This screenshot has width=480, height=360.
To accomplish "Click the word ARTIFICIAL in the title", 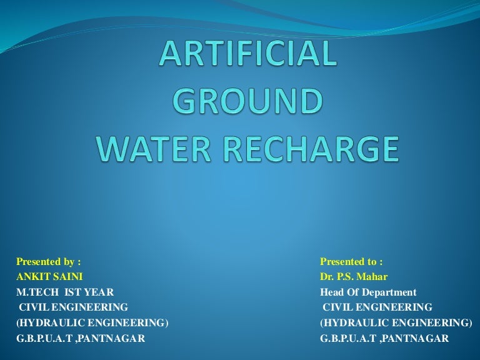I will click(248, 54).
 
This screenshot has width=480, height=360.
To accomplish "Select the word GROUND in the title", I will click(248, 102).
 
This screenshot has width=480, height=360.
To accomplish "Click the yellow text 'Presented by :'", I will click(49, 261).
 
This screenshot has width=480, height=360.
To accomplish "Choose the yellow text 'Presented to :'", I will click(351, 261).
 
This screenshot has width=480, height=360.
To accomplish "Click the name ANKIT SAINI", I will click(49, 276).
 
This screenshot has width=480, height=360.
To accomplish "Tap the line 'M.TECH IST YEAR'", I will click(65, 292).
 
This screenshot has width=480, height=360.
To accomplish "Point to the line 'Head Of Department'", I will click(368, 292).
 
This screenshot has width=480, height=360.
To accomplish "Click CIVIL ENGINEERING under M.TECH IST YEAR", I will click(73, 307).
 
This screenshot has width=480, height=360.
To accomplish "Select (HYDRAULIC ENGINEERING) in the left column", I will click(92, 322).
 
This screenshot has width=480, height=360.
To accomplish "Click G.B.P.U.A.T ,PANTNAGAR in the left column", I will click(81, 338).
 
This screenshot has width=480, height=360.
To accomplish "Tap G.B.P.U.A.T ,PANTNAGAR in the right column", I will click(384, 338).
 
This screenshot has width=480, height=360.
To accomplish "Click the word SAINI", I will click(68, 276).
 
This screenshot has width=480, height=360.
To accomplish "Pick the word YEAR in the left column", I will click(101, 292).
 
